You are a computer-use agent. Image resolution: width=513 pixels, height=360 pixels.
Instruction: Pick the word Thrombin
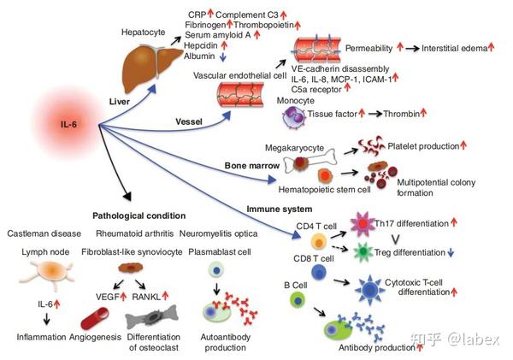coord(403,114)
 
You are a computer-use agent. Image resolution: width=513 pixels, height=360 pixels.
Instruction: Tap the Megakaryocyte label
coord(294,133)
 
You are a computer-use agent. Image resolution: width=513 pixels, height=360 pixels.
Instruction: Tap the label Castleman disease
coord(44,233)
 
